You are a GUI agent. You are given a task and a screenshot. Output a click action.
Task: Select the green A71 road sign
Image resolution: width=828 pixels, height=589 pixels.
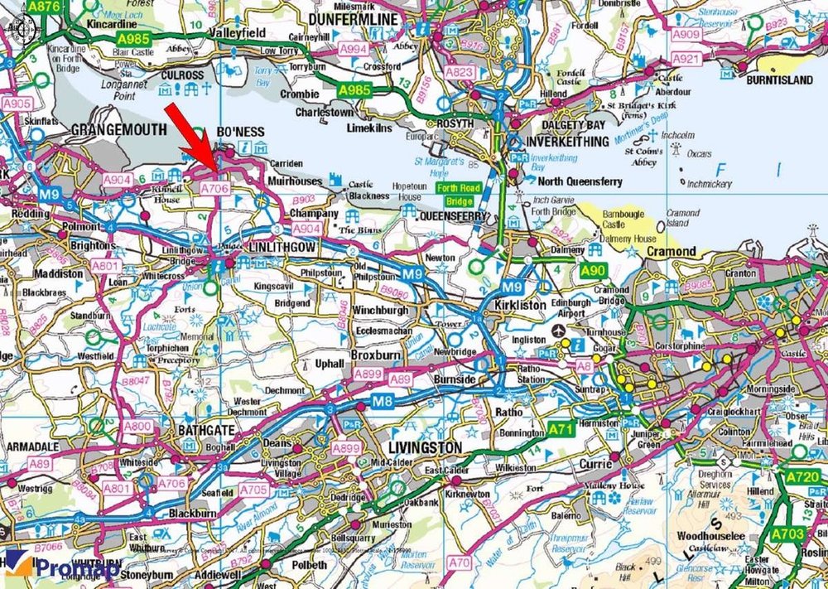pyautogui.click(x=561, y=429)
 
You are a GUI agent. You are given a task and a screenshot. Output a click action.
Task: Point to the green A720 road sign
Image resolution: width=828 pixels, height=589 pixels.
pyautogui.click(x=802, y=478)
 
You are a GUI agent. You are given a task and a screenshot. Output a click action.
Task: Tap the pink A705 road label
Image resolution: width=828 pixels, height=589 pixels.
pyautogui.click(x=254, y=490)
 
